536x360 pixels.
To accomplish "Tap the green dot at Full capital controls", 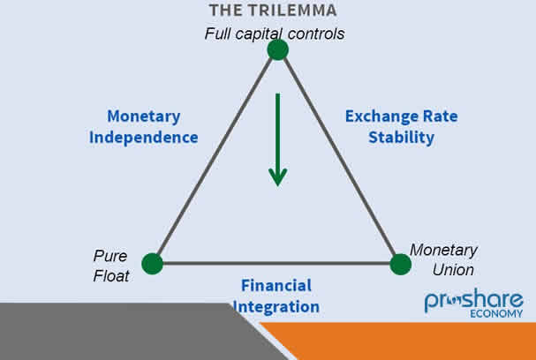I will coord(278,49).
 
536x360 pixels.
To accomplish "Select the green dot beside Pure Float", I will coord(153,263).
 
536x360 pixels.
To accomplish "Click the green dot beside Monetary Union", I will coord(401,264).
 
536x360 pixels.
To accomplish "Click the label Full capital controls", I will coord(274,34).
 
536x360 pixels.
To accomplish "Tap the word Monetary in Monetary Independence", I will coord(143,116).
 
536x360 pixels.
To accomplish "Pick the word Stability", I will coord(403,138).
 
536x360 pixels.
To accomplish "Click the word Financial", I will coord(276,285).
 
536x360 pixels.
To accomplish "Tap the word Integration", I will coord(276,307).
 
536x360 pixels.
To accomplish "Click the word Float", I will coord(111,276).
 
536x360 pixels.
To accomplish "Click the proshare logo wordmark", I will coord(473,301).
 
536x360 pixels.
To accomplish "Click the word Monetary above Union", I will coord(443,251).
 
